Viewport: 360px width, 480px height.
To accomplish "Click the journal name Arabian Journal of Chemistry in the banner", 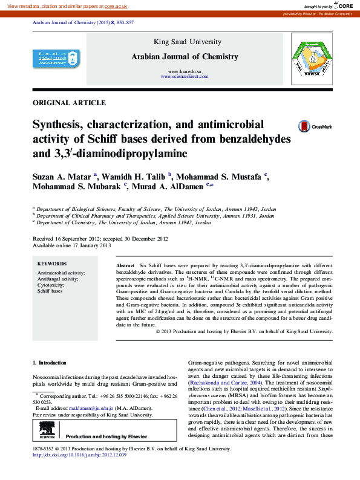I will click(185, 57).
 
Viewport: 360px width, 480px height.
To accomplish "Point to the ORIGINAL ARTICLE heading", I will click(69, 103).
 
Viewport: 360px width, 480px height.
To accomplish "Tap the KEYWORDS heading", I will click(52, 264).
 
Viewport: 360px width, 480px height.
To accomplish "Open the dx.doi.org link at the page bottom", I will click(79, 455).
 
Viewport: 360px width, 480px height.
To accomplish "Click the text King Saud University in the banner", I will click(185, 42).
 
